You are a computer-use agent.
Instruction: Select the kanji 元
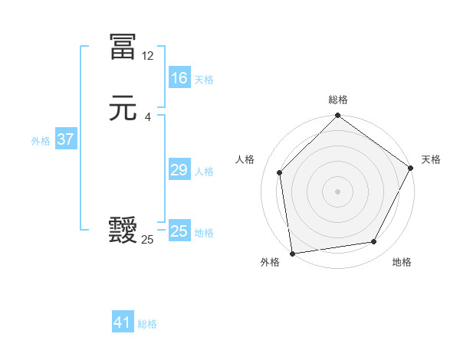[123, 110]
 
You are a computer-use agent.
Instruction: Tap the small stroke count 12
[147, 56]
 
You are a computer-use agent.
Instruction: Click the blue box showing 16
[179, 78]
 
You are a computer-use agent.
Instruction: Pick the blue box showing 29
[179, 170]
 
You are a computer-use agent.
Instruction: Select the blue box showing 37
[66, 140]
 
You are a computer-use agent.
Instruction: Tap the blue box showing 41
[123, 322]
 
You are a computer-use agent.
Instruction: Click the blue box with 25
[179, 231]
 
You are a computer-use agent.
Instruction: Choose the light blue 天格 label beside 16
[204, 80]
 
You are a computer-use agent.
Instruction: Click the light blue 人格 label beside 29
[204, 172]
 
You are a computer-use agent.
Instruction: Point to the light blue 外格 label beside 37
[41, 141]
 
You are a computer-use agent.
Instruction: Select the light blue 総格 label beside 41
[147, 324]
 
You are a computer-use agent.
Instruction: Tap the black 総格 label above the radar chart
[337, 100]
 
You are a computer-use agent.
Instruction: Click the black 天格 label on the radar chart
[431, 159]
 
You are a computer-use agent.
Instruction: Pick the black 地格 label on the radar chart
[402, 263]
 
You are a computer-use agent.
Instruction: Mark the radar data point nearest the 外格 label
[292, 253]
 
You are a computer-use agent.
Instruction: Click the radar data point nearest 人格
[280, 172]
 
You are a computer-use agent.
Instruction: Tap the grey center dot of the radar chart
[337, 191]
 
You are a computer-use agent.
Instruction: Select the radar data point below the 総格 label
[337, 116]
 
